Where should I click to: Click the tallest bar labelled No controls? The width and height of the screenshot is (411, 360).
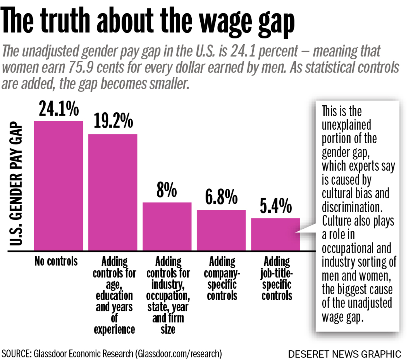[x=58, y=186]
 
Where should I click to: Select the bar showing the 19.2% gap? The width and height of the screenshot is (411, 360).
[x=113, y=192]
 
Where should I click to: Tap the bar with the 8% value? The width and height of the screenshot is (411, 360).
[x=167, y=226]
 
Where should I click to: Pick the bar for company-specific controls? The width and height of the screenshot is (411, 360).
[x=221, y=230]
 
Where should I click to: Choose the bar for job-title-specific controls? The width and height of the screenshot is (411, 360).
[x=275, y=234]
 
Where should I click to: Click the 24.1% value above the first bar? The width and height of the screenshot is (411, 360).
[x=59, y=109]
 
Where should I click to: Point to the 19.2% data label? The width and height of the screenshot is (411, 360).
[x=113, y=121]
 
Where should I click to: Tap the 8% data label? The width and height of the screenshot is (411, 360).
[x=167, y=190]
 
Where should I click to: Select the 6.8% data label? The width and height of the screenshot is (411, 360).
[x=221, y=197]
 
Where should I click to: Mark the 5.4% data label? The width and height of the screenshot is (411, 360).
[x=276, y=206]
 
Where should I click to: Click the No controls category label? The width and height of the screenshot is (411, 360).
[x=56, y=261]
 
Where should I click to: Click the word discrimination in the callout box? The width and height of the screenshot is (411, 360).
[x=352, y=207]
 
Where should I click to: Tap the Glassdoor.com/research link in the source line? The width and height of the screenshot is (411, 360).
[x=179, y=354]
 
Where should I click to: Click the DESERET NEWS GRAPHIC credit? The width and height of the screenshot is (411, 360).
[x=345, y=354]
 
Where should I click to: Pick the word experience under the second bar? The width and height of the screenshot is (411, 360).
[x=114, y=329]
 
